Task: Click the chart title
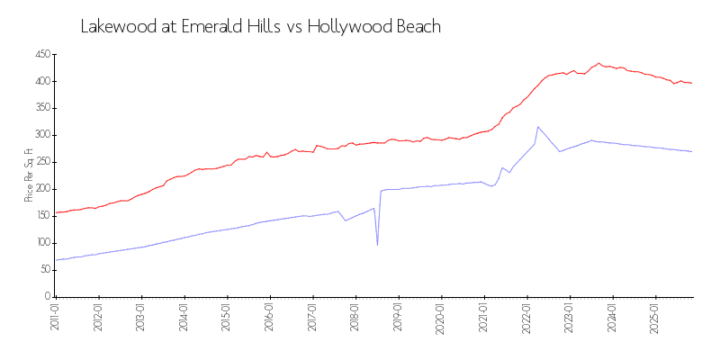click(261, 26)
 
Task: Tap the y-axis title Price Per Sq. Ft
click(29, 175)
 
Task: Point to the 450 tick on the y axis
click(40, 55)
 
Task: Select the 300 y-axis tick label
click(40, 135)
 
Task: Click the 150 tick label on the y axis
click(40, 216)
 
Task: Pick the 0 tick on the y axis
click(47, 296)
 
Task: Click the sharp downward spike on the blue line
click(377, 245)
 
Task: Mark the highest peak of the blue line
click(537, 127)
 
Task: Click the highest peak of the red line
click(599, 63)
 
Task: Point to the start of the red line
click(56, 212)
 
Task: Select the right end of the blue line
click(692, 151)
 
